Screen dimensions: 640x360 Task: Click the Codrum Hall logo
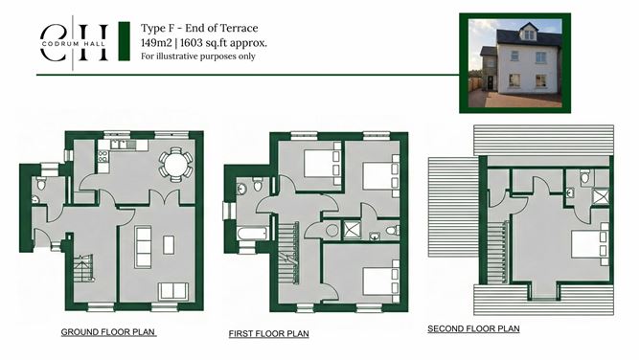click(x=74, y=42)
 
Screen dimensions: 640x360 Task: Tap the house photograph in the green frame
click(x=515, y=63)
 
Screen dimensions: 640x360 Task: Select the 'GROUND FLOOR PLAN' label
click(x=108, y=332)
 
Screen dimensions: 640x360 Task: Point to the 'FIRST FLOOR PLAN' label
click(x=268, y=334)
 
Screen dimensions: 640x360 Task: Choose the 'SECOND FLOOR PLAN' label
click(x=473, y=329)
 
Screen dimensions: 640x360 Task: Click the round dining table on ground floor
click(x=176, y=165)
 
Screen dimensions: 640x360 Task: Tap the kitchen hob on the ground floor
click(x=103, y=157)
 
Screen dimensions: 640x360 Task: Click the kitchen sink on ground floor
click(x=119, y=145)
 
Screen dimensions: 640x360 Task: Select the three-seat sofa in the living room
click(x=143, y=247)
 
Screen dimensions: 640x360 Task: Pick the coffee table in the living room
click(x=169, y=244)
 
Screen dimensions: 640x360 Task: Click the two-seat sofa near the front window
click(x=173, y=291)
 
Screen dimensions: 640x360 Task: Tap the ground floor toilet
click(x=41, y=184)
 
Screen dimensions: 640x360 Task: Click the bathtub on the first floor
click(x=252, y=234)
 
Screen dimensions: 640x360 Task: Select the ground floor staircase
click(x=83, y=268)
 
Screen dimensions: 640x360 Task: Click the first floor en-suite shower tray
click(x=351, y=230)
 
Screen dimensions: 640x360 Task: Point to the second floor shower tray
click(x=601, y=196)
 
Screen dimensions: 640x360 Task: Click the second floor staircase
click(x=498, y=253)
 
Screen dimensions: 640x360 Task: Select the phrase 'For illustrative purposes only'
click(x=198, y=56)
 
